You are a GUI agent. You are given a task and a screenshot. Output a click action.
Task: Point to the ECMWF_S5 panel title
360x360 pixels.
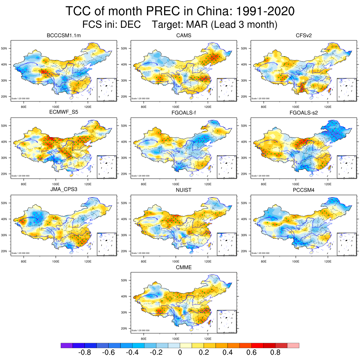pyautogui.click(x=64, y=113)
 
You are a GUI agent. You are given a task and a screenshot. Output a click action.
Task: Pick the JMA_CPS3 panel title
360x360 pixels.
pyautogui.click(x=64, y=190)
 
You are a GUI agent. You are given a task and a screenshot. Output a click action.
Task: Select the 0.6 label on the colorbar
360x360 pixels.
pyautogui.click(x=251, y=353)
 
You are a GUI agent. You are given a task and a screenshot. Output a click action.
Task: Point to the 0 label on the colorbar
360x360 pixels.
pyautogui.click(x=180, y=353)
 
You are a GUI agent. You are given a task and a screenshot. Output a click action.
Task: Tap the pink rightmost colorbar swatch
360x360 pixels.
pyautogui.click(x=293, y=346)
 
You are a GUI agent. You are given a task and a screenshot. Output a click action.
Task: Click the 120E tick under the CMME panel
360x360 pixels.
pyautogui.click(x=208, y=339)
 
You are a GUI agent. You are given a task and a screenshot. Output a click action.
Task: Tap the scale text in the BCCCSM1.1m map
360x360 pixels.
pyautogui.click(x=20, y=98)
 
